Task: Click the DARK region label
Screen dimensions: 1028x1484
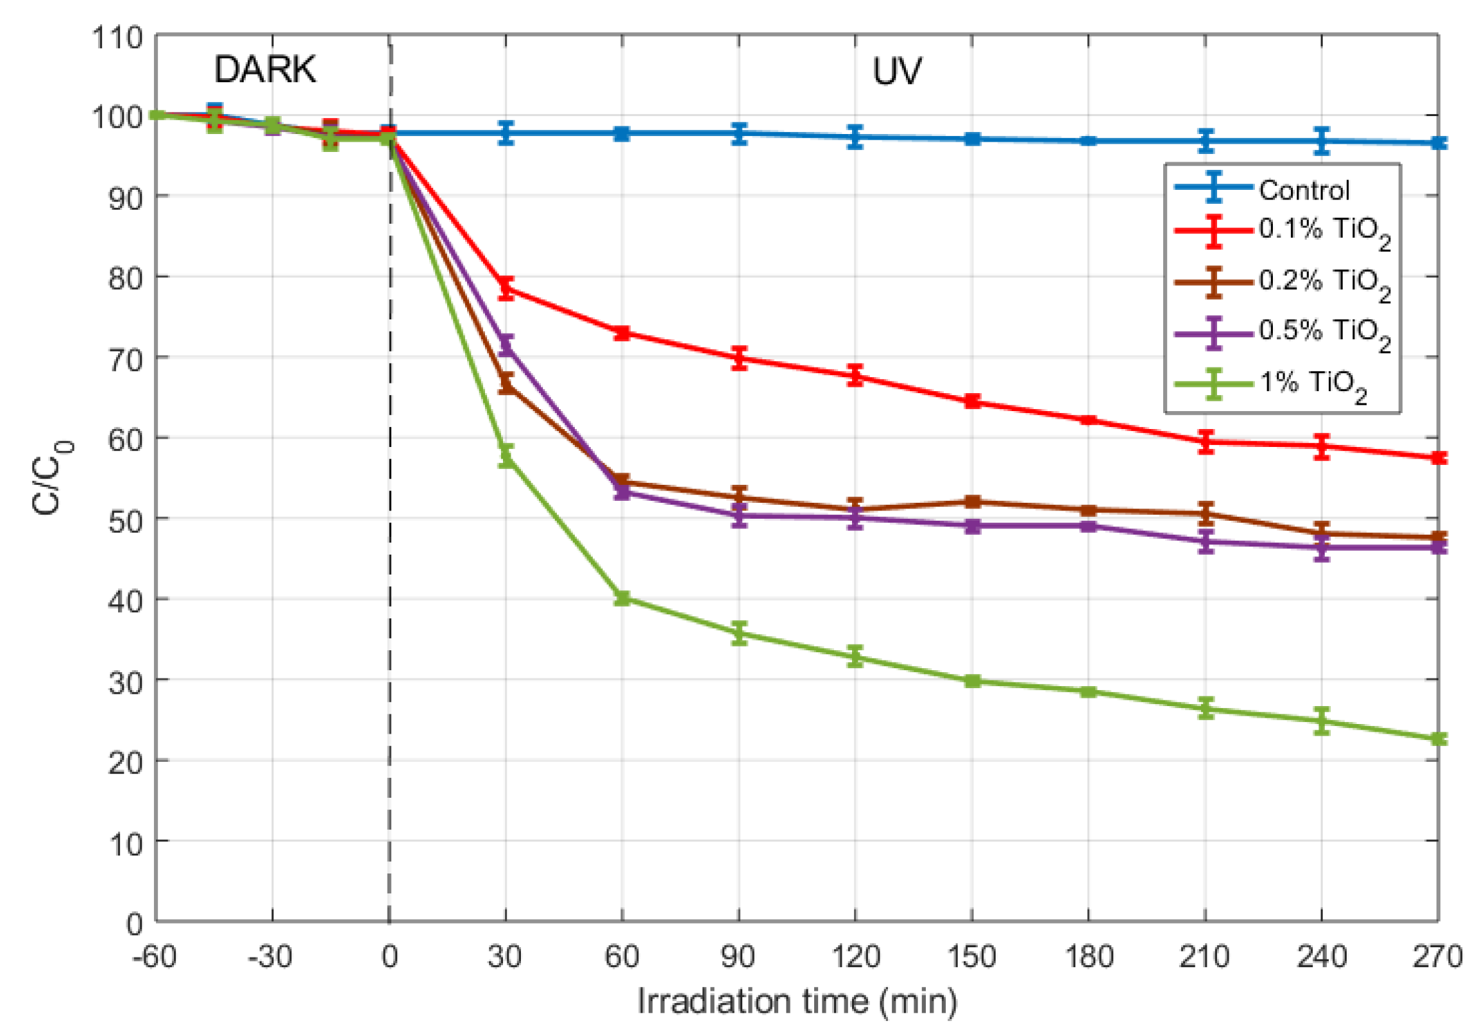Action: pyautogui.click(x=265, y=69)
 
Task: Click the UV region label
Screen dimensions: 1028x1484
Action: pyautogui.click(x=896, y=71)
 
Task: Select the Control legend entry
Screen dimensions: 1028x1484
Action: pyautogui.click(x=1304, y=190)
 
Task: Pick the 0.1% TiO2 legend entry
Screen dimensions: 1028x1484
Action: pyautogui.click(x=1322, y=231)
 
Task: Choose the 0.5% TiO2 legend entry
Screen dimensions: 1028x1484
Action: pyautogui.click(x=1322, y=332)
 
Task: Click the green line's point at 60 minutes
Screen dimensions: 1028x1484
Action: pyautogui.click(x=622, y=598)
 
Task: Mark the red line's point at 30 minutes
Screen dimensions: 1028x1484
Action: pyautogui.click(x=506, y=288)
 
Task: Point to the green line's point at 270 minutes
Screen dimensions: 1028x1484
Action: pyautogui.click(x=1438, y=738)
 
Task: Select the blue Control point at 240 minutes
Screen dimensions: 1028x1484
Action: pyautogui.click(x=1322, y=141)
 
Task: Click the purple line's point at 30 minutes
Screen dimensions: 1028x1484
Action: pyautogui.click(x=506, y=345)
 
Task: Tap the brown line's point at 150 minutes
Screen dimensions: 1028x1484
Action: pyautogui.click(x=973, y=501)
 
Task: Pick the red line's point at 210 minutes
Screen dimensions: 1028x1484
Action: pyautogui.click(x=1206, y=442)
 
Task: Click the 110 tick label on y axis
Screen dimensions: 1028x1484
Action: pyautogui.click(x=117, y=37)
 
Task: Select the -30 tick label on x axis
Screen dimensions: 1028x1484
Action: pyautogui.click(x=270, y=957)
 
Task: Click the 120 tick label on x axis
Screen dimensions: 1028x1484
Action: pyautogui.click(x=855, y=957)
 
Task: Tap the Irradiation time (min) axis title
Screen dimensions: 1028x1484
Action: pyautogui.click(x=797, y=1002)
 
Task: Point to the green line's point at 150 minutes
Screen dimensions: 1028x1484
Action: pyautogui.click(x=973, y=681)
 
